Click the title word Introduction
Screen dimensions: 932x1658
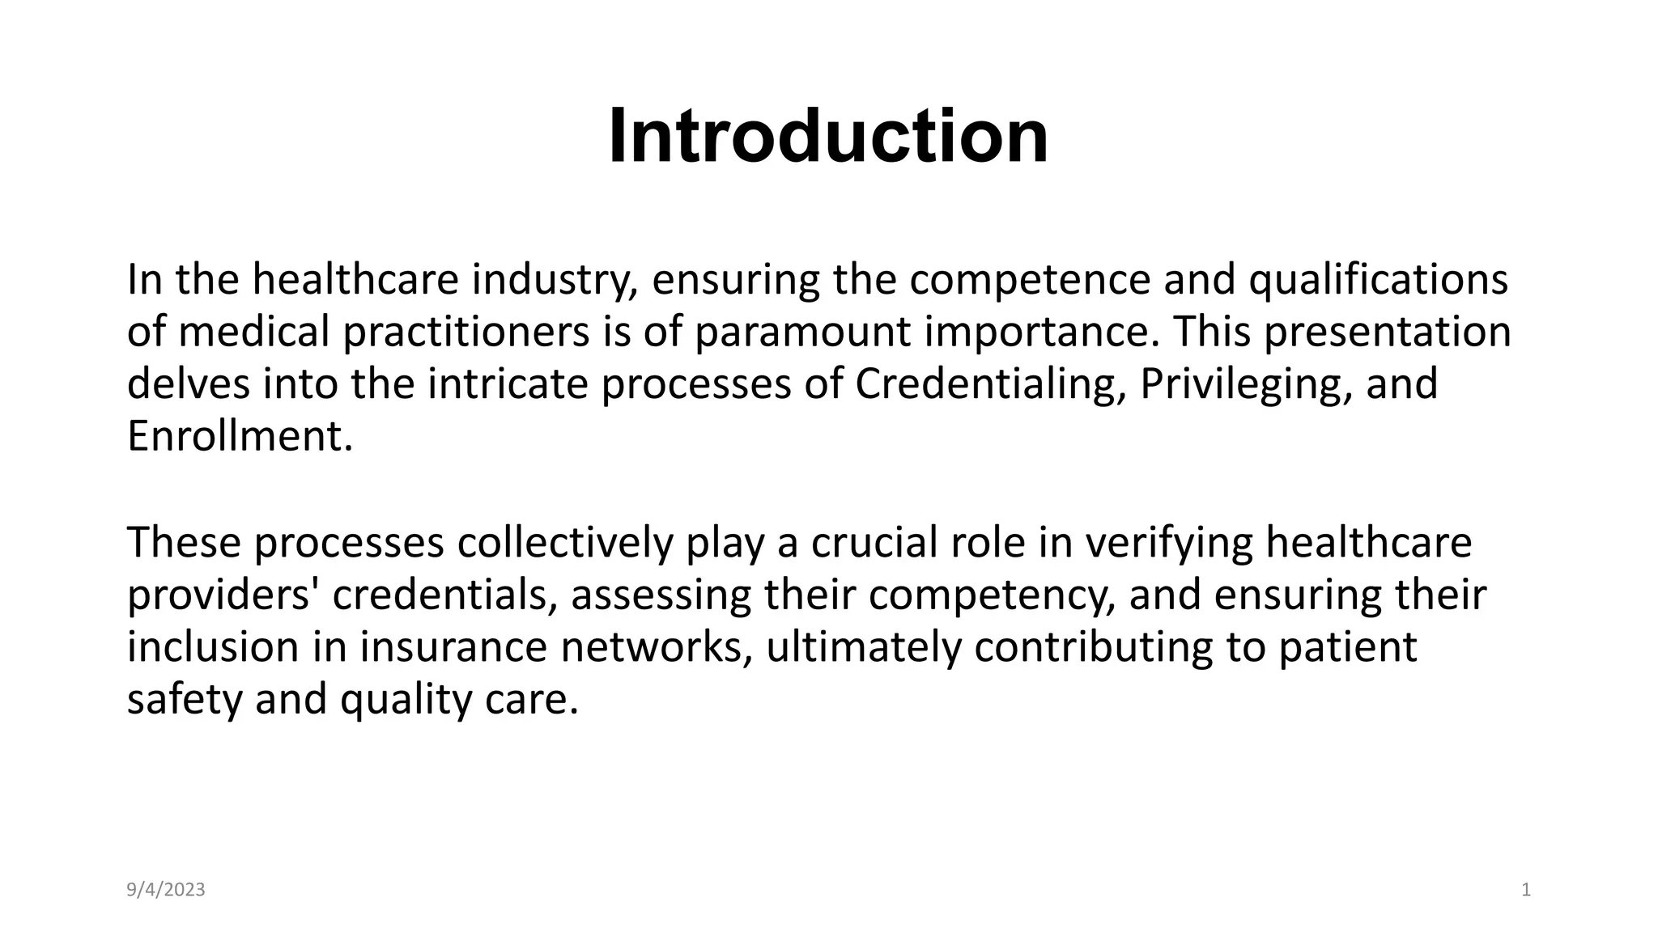[x=828, y=136]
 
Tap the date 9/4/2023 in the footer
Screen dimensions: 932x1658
[x=166, y=891]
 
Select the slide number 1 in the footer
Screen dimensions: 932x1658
[x=1526, y=891]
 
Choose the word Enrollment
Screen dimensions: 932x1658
[x=240, y=436]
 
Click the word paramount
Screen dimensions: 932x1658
[x=802, y=332]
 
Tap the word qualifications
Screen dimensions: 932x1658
[x=1378, y=280]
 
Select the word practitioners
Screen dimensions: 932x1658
[x=466, y=332]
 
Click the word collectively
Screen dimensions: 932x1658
[x=565, y=542]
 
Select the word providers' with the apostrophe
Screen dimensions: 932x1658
[x=223, y=595]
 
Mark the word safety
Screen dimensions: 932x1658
[x=185, y=700]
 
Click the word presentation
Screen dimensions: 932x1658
[x=1387, y=332]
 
